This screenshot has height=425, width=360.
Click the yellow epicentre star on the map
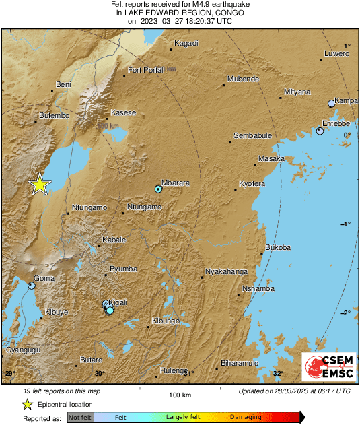(x=40, y=184)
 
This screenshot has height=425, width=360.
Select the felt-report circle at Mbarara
(x=158, y=189)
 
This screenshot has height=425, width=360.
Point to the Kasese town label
(x=124, y=112)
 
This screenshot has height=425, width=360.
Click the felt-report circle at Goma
(x=32, y=286)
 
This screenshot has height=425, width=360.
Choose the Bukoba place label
(x=278, y=248)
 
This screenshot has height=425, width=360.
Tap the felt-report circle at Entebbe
(x=320, y=131)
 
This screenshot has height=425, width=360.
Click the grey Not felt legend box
(x=80, y=418)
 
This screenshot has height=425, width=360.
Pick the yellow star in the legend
(x=27, y=404)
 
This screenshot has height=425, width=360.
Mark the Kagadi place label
(x=186, y=44)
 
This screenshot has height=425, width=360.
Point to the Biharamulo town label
(x=240, y=363)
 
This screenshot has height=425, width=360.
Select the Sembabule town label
(x=252, y=136)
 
